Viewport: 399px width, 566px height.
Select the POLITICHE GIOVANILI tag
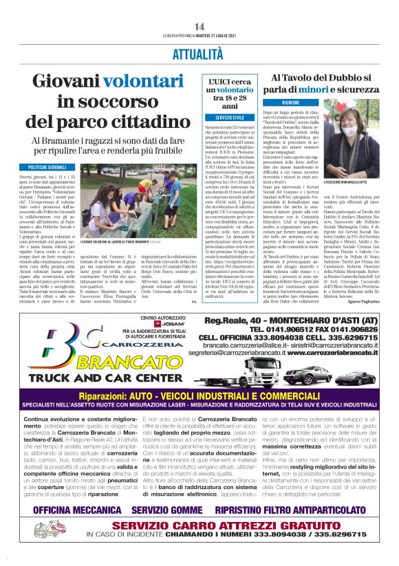coord(47,167)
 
